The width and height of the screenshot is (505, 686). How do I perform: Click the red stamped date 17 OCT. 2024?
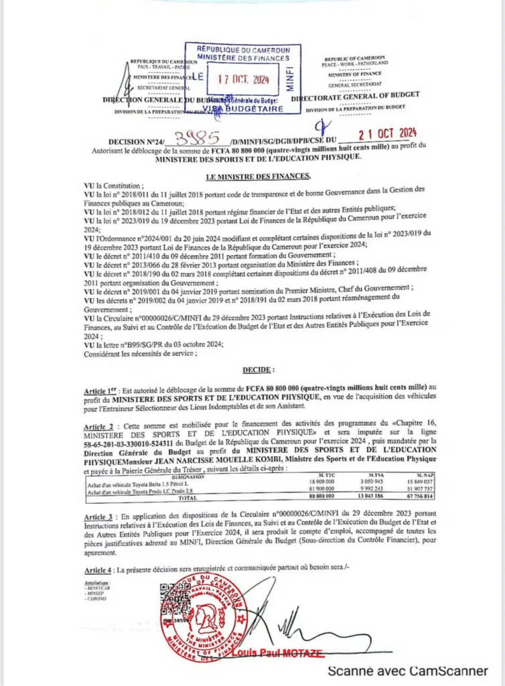243,79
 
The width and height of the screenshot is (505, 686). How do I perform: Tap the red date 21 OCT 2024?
388,132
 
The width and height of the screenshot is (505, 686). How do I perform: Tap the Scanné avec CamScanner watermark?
407,671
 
